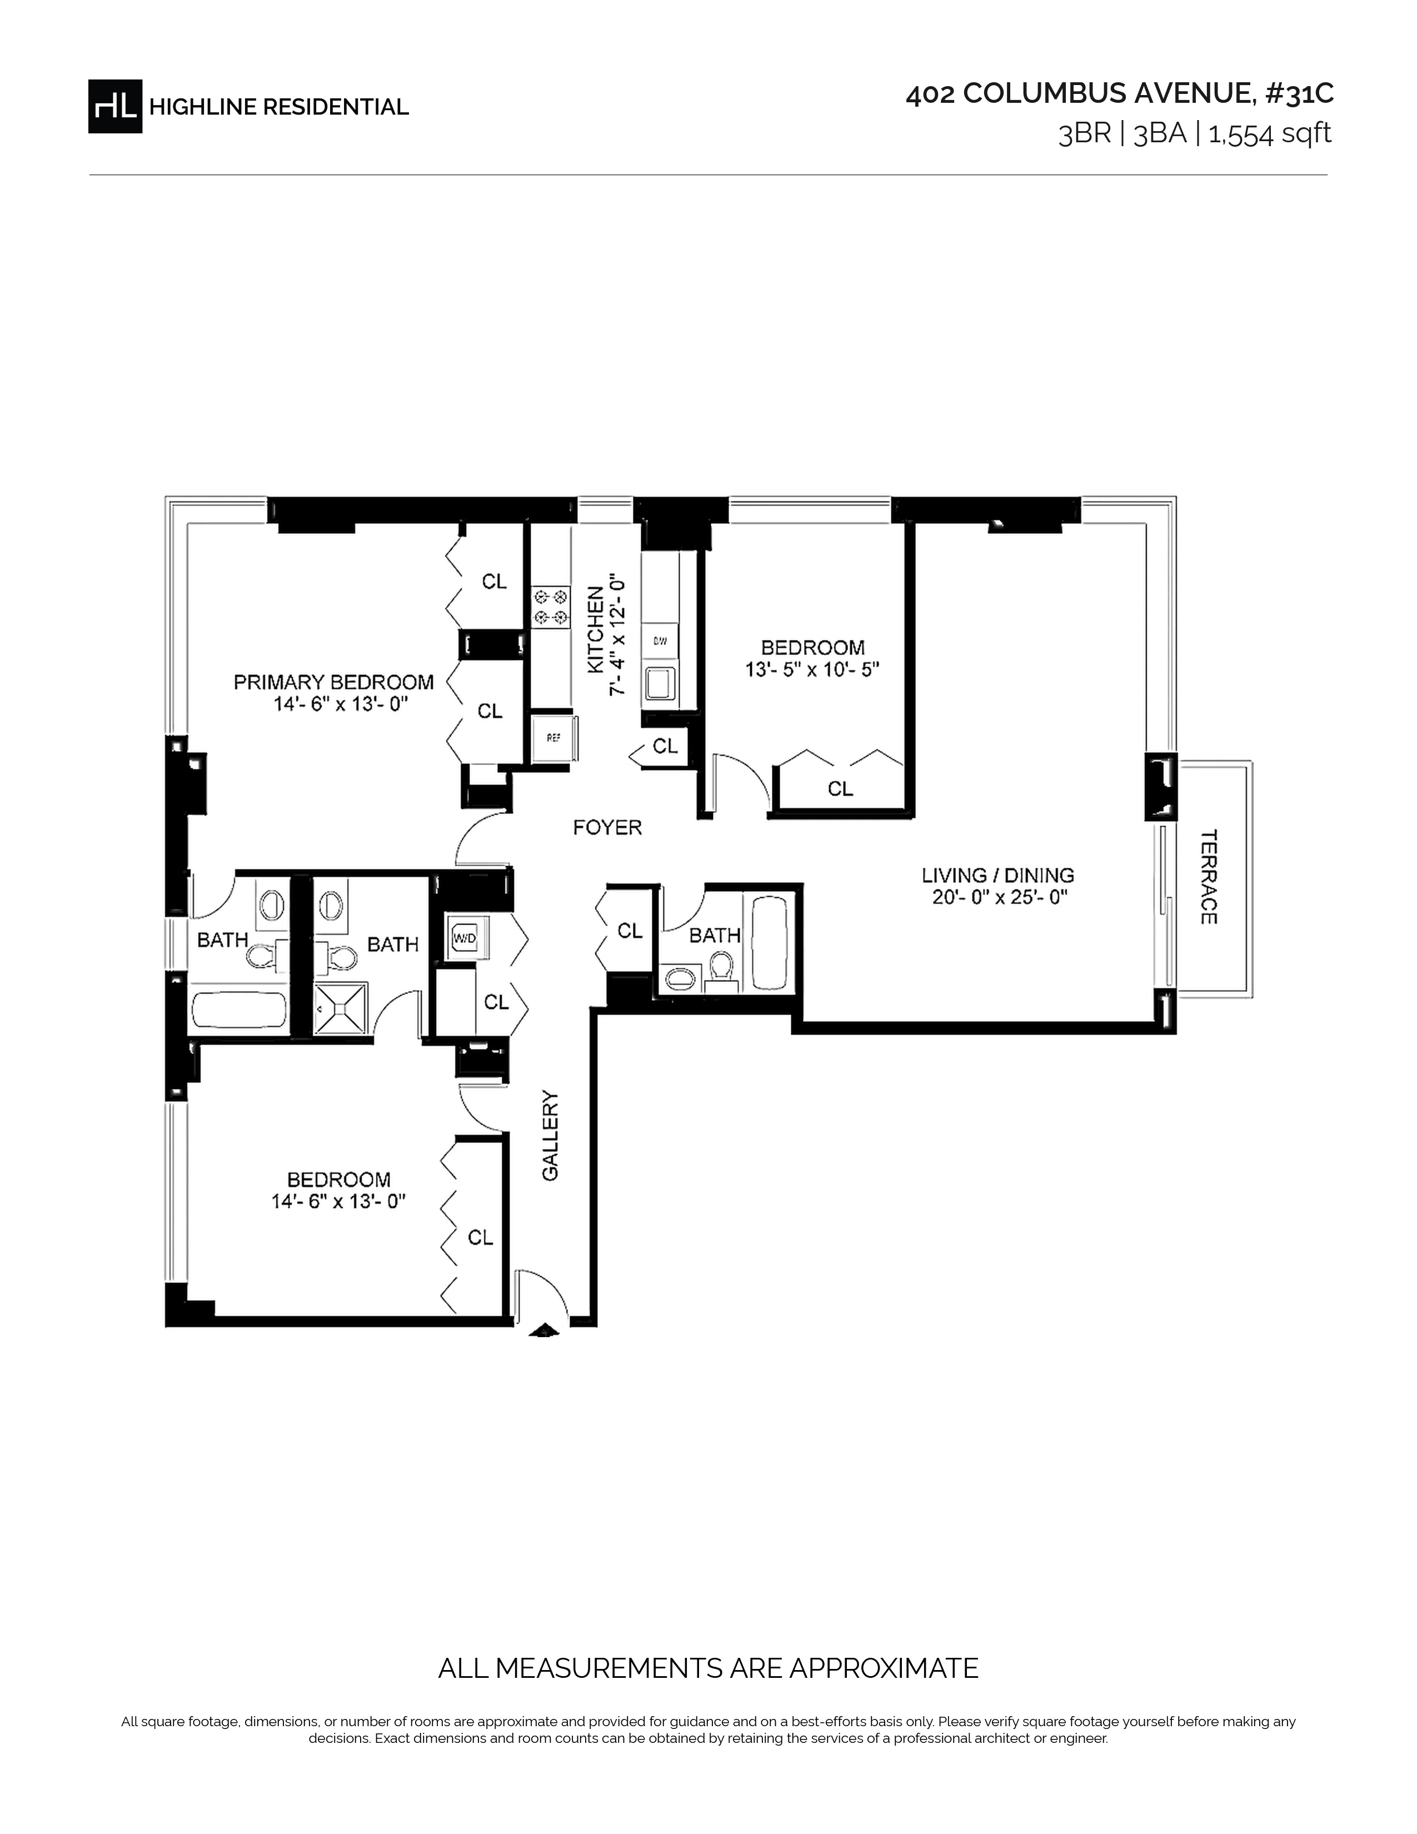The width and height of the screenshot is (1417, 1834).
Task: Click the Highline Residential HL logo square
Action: point(115,106)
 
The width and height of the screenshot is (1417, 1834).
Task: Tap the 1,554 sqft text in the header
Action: point(1269,133)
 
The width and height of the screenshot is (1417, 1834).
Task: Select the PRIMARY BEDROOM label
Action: point(333,682)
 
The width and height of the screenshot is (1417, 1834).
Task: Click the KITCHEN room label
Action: point(595,629)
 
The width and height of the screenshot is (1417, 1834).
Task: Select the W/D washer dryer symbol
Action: point(464,936)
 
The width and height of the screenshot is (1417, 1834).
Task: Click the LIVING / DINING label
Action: point(997,875)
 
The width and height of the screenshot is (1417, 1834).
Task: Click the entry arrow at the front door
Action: point(545,1329)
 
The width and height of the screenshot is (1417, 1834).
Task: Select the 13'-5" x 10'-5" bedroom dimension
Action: point(812,669)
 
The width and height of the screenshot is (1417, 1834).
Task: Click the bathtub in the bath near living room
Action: point(769,943)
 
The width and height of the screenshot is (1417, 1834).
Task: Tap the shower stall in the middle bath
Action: point(340,1007)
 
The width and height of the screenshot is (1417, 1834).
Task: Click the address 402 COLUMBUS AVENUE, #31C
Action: point(1119,94)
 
